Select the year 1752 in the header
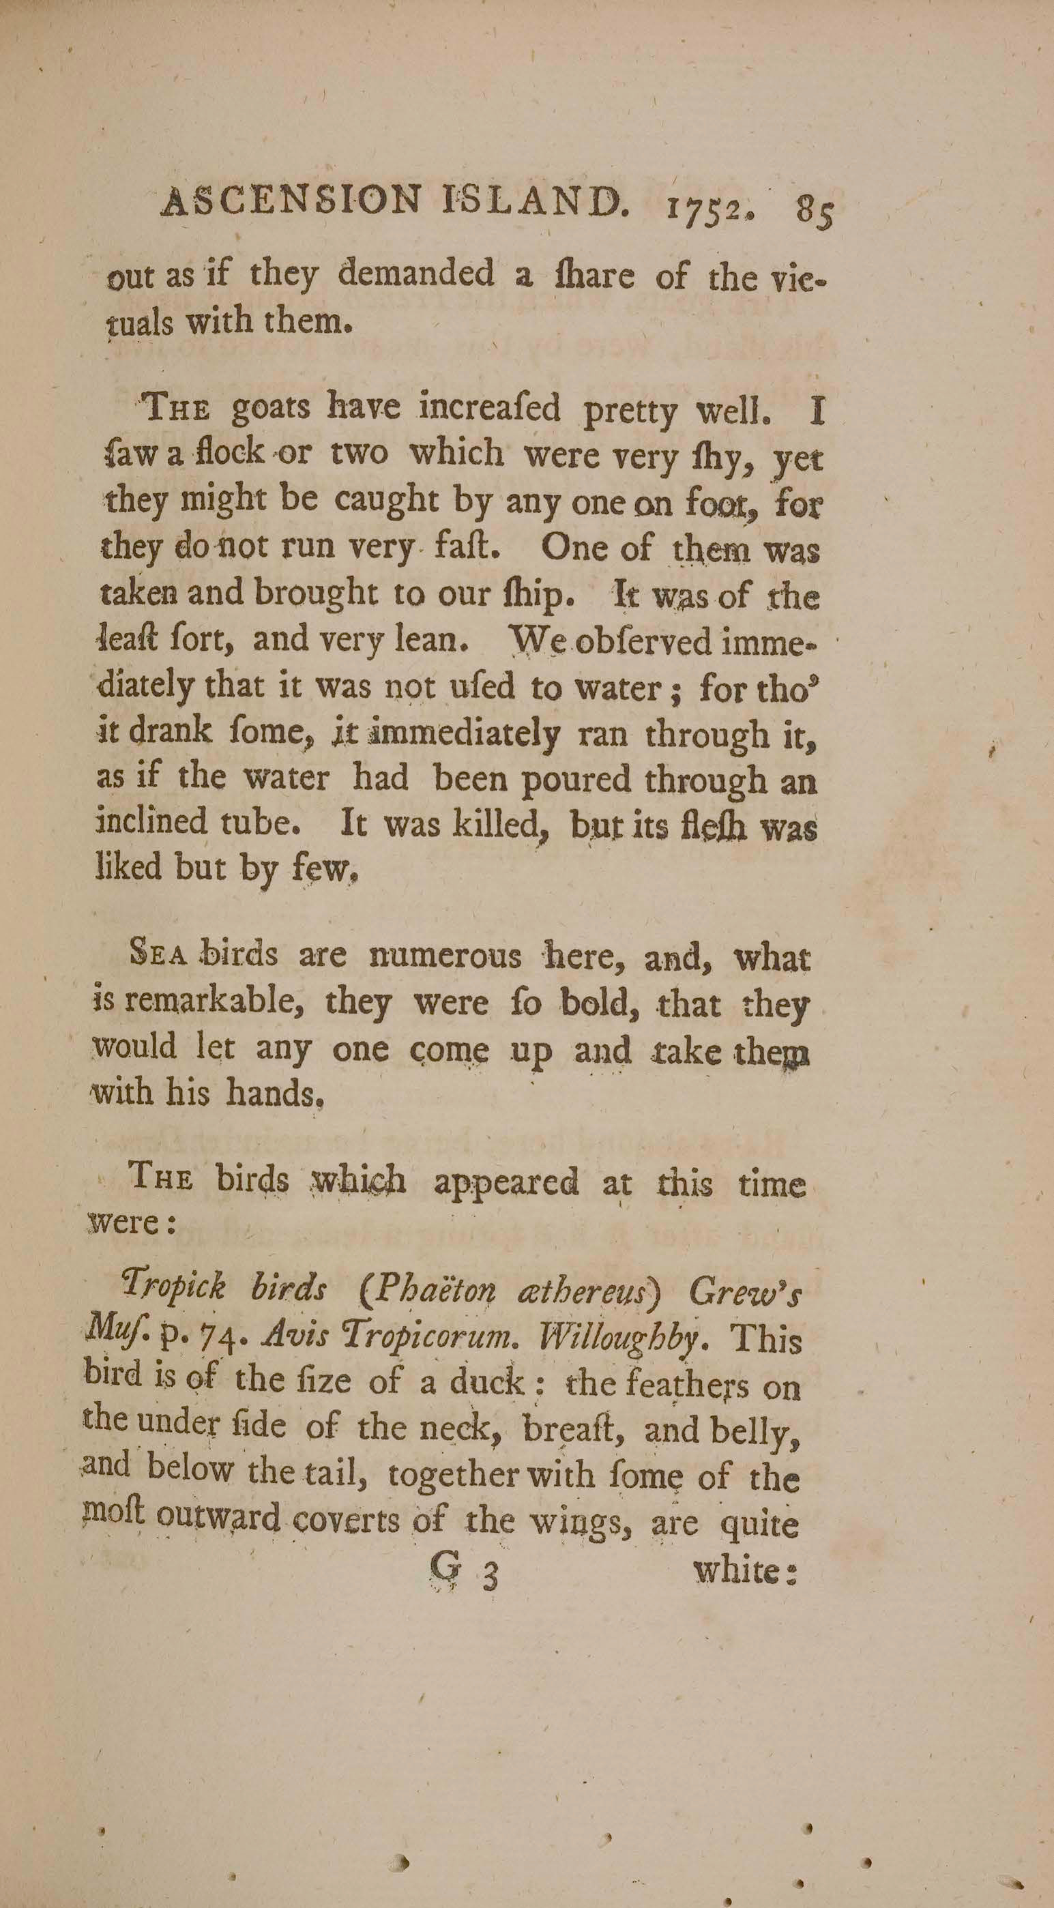pyautogui.click(x=708, y=207)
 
